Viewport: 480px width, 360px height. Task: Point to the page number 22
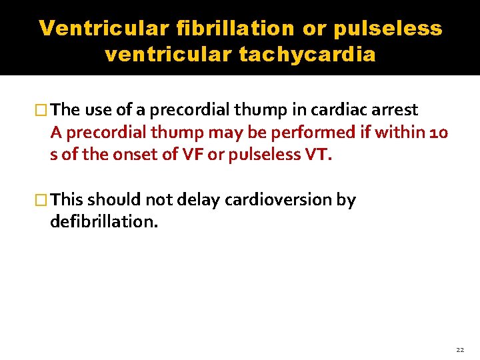tap(460, 349)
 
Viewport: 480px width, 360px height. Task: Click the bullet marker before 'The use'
tap(43, 109)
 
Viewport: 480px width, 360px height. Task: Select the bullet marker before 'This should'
tap(43, 199)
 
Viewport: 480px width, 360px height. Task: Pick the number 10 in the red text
tap(439, 132)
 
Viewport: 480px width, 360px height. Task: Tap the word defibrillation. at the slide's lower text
tap(104, 221)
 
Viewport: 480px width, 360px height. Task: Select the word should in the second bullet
tap(112, 199)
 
